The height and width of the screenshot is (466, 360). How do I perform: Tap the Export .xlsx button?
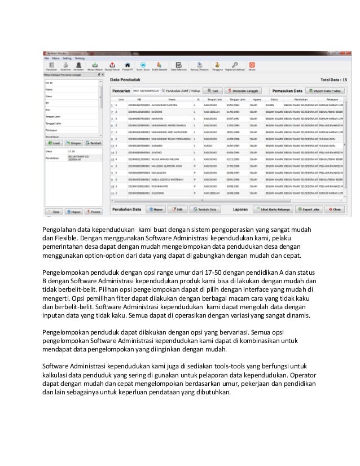coord(305,209)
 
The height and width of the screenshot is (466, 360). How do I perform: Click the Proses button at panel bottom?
coord(93,212)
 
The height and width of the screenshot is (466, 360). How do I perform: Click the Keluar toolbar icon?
coord(252,65)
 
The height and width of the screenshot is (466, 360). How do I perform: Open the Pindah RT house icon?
coord(128,65)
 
